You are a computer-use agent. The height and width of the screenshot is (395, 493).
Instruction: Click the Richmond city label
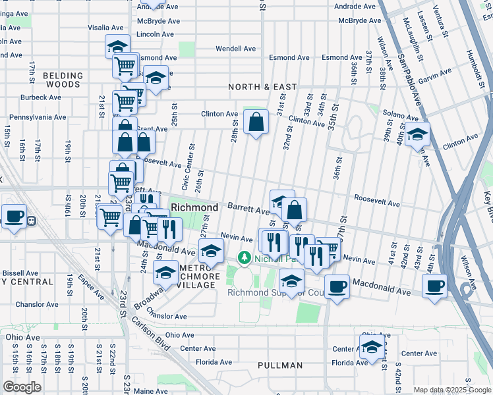(194, 207)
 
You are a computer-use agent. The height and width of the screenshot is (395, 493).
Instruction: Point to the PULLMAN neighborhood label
(280, 365)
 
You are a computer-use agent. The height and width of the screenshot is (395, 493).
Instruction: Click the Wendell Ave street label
(236, 49)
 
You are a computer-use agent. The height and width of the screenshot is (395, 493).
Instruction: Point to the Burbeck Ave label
(41, 97)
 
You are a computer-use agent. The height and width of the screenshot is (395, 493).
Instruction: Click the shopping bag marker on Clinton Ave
(256, 122)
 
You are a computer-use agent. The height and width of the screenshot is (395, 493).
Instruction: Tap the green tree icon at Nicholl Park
(245, 257)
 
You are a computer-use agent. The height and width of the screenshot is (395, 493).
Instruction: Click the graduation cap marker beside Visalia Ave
(117, 47)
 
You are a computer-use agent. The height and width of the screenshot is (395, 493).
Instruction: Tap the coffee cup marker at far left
(14, 216)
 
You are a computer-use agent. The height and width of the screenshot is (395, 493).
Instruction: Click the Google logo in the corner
(22, 387)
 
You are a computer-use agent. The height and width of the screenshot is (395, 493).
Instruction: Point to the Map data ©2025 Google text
(452, 390)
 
